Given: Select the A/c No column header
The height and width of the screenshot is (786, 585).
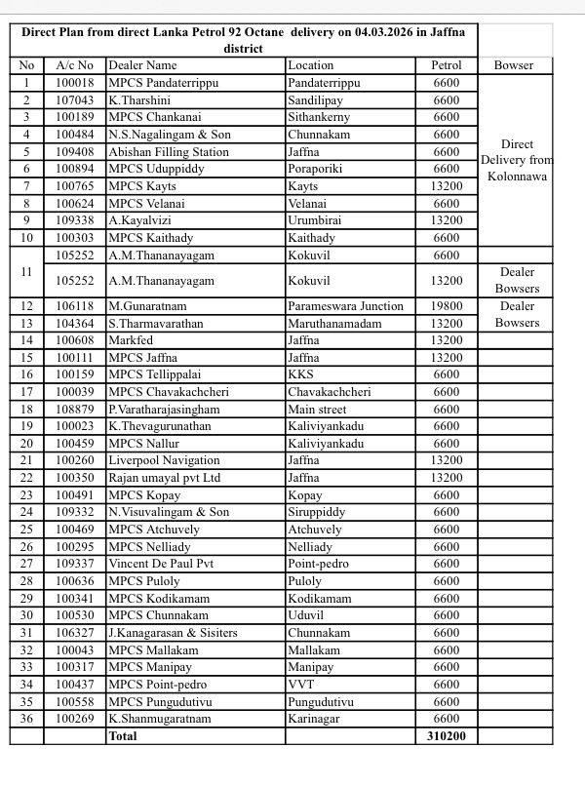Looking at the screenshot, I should [75, 65].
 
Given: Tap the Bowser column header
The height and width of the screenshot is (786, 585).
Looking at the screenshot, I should [514, 65].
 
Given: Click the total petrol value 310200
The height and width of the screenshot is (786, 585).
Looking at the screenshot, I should [447, 736].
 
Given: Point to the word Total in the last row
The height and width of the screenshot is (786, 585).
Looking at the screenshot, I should [123, 736].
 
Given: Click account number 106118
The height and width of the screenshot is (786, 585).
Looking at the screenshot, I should [75, 306].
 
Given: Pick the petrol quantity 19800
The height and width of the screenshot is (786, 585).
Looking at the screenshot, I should [447, 306].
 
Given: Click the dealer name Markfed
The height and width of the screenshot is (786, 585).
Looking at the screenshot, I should [130, 340].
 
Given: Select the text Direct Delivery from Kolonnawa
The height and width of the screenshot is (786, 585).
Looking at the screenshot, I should [517, 160].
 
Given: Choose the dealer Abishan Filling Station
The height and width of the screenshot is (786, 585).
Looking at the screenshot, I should [169, 152].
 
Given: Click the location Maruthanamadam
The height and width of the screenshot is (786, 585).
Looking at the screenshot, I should [334, 324].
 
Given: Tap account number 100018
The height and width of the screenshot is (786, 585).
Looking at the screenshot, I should [75, 83].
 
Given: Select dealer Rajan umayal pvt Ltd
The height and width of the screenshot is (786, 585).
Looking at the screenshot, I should [165, 478].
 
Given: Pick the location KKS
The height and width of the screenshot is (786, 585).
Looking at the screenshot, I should [301, 374].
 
